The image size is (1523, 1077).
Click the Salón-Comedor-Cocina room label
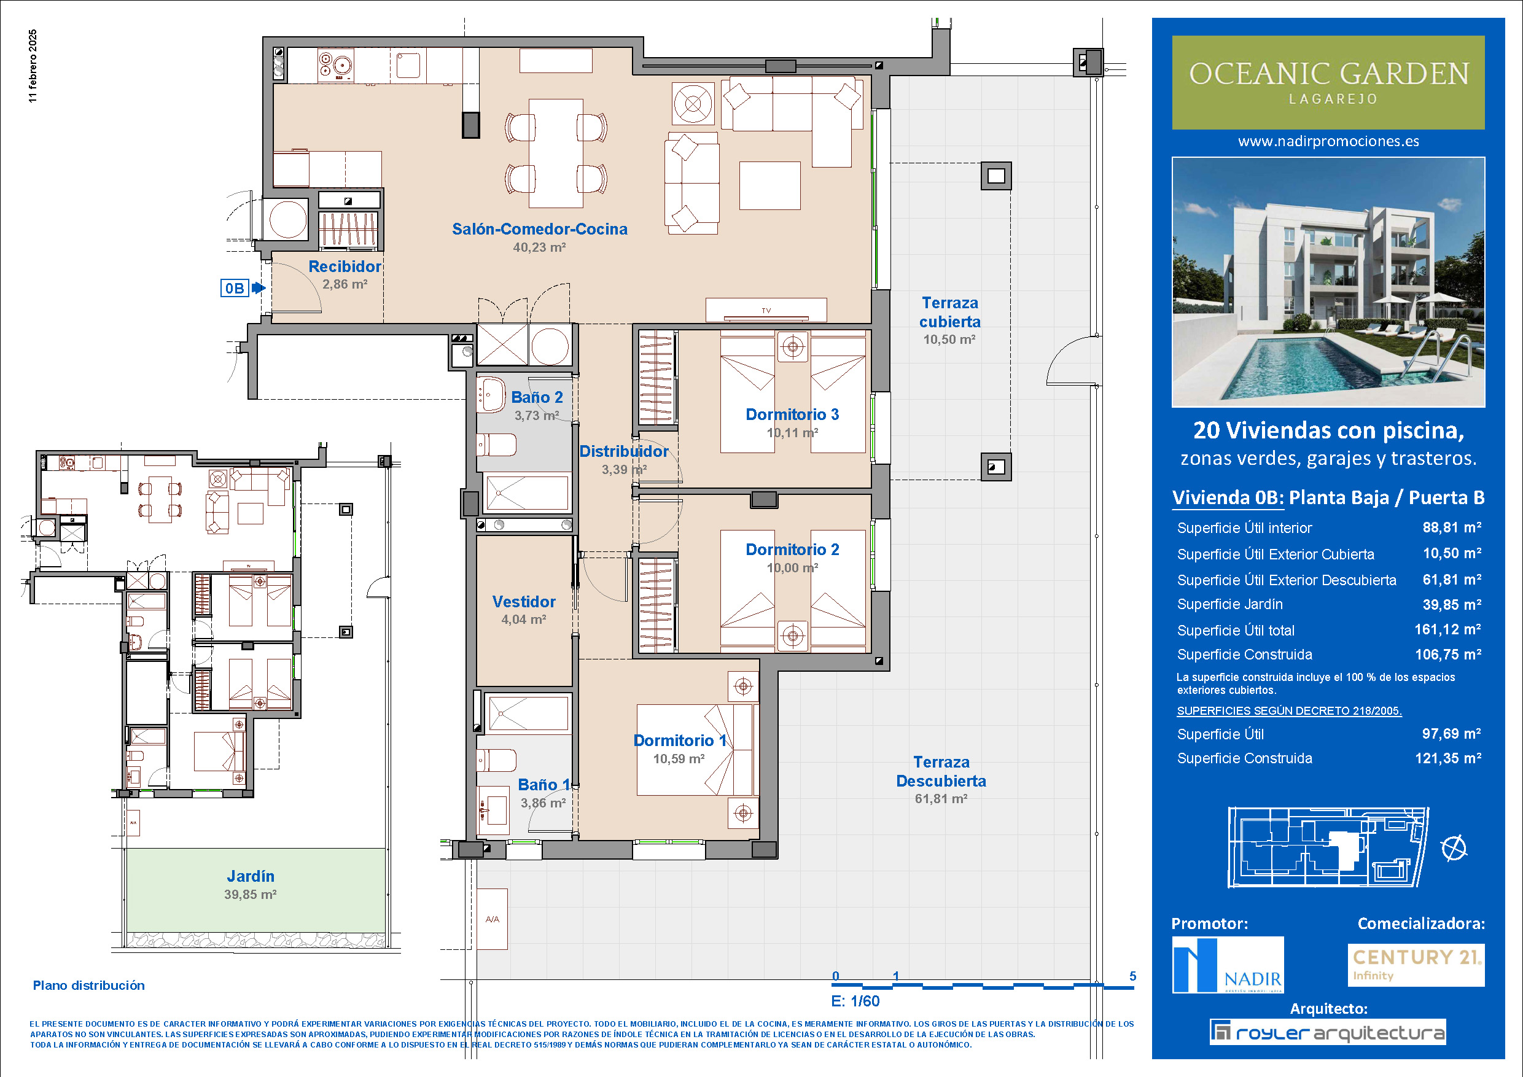pos(539,229)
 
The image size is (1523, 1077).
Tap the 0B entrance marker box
pos(234,288)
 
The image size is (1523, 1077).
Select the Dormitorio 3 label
pos(792,414)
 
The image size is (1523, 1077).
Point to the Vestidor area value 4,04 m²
pos(523,620)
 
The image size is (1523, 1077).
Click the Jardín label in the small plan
pos(250,876)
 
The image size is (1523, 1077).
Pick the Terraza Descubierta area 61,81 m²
pos(941,798)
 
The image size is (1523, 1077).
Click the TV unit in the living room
pos(766,309)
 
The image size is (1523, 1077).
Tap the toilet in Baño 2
pos(497,445)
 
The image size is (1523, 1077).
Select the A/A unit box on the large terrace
pos(492,919)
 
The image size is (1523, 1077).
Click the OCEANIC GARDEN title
pos(1329,74)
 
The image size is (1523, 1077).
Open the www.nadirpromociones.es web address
pos(1329,141)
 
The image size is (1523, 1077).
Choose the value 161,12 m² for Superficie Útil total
pos(1448,629)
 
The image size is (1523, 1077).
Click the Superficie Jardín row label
pos(1230,604)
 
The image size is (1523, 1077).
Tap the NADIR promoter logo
pos(1228,964)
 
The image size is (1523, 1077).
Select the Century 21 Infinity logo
pos(1416,965)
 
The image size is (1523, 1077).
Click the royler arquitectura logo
pos(1328,1032)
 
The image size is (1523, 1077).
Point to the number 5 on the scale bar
pos(1133,976)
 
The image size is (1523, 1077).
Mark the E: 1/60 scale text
pos(855,1001)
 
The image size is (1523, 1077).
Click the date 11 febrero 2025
pos(33,66)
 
